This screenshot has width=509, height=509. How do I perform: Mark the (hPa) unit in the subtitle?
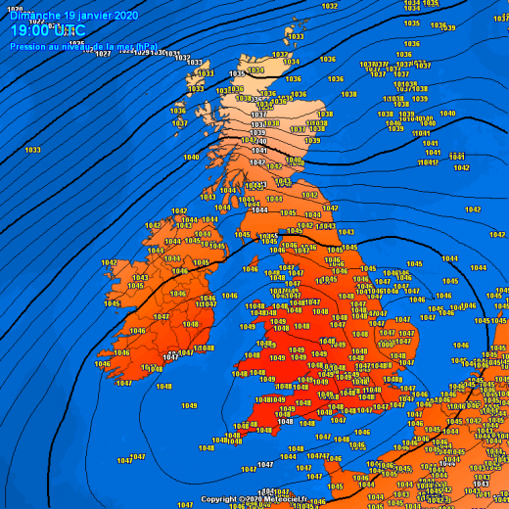pos(146,46)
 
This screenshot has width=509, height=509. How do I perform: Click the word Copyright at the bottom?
pos(218,499)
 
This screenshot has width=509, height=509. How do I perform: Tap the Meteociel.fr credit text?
pos(283,499)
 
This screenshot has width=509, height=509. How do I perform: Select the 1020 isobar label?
pos(15,10)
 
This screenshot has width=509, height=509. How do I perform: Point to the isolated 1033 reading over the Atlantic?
pos(32,150)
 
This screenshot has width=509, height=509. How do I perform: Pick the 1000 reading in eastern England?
pos(387,344)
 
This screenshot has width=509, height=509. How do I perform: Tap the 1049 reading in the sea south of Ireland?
pos(189,406)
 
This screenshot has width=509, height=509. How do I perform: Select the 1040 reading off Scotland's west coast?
pos(191,158)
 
